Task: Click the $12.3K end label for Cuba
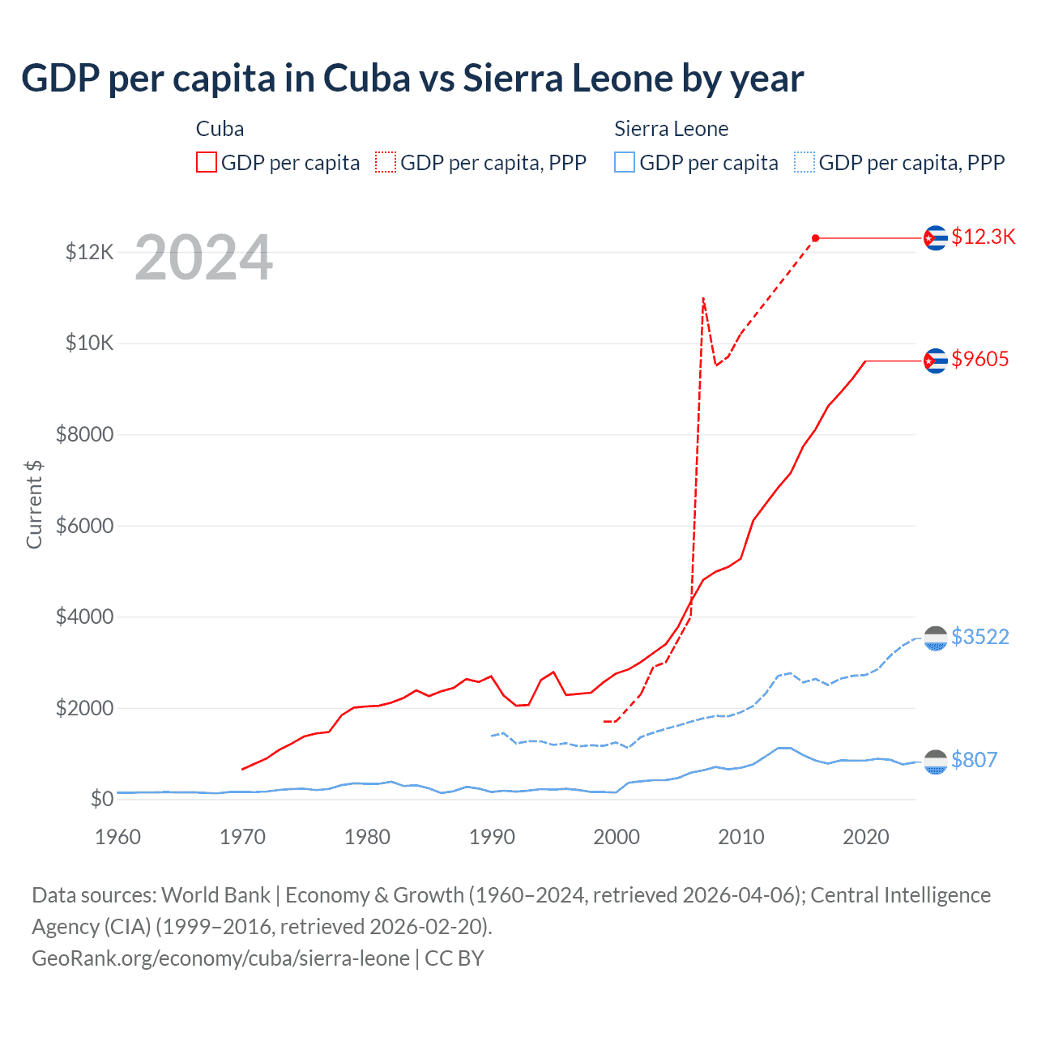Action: pos(983,237)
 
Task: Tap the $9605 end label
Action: pos(980,359)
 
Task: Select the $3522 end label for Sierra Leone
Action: pos(980,637)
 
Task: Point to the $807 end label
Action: pos(974,760)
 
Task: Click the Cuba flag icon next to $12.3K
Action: pos(936,237)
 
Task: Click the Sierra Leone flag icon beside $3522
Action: pos(936,638)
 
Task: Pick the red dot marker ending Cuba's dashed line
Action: pos(816,238)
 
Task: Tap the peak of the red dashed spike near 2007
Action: pos(703,298)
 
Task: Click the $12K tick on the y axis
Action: pos(89,252)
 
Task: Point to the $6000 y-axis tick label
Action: pos(84,526)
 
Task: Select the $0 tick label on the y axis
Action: pos(101,799)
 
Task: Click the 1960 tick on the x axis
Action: pos(118,837)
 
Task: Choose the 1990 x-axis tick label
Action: pos(492,837)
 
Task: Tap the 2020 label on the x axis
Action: pos(866,837)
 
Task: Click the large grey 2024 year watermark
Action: pos(203,258)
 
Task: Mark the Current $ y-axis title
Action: pos(34,504)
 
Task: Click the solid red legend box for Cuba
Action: pos(207,162)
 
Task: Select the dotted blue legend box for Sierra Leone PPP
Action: pos(804,162)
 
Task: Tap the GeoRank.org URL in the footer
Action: pos(220,958)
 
